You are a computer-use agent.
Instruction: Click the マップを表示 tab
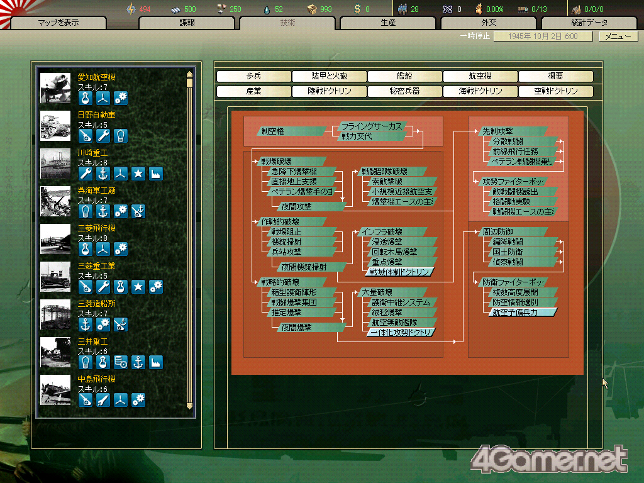[58, 23]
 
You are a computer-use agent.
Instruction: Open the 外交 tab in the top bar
[489, 23]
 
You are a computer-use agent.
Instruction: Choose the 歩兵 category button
[253, 76]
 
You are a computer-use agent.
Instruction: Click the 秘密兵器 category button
[404, 91]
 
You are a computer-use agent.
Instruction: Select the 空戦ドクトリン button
[555, 91]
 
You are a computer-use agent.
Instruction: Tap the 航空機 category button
[480, 76]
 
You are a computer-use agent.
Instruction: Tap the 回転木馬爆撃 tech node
[395, 252]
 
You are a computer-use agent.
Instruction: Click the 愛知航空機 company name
[96, 77]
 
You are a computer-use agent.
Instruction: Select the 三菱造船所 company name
[96, 304]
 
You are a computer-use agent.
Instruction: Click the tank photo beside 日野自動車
[56, 125]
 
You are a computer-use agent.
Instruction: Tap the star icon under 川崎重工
[138, 174]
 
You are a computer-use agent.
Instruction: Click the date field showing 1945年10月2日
[543, 36]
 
